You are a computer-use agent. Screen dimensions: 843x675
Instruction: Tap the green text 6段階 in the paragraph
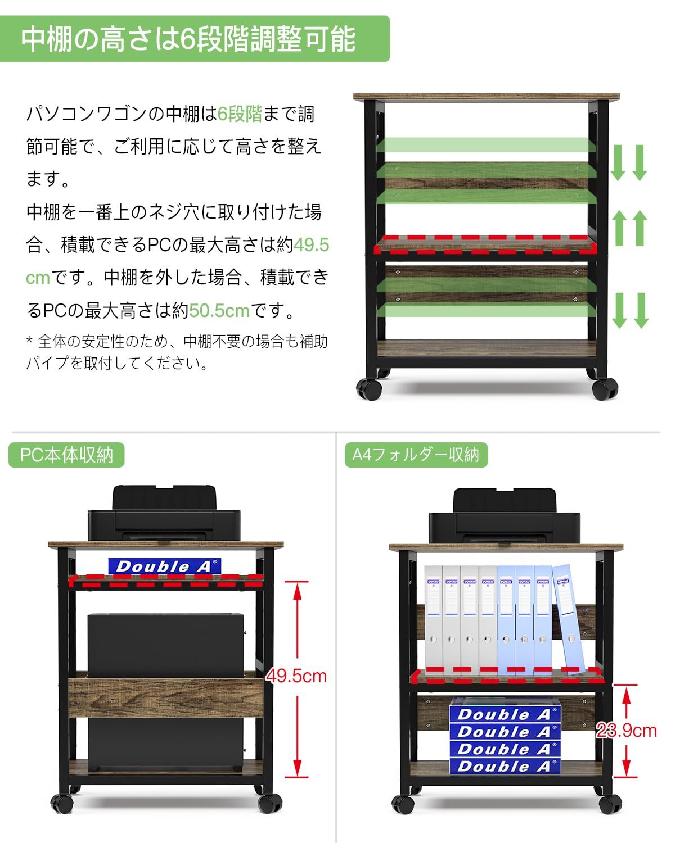240,114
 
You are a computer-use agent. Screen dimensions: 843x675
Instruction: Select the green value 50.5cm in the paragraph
219,310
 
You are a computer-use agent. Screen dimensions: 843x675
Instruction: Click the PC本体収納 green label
66,455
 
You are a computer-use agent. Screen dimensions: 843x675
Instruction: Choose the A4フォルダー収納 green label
416,455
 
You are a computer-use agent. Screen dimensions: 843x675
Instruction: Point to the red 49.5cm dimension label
296,676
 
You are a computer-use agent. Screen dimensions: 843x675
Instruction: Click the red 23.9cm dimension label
627,730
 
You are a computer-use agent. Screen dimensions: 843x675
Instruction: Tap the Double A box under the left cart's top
164,566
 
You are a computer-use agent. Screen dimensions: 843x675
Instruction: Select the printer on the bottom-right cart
505,519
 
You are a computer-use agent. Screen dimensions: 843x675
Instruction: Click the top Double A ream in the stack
505,714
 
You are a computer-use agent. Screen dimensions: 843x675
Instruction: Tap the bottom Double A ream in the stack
505,766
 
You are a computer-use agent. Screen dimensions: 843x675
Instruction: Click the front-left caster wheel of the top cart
369,389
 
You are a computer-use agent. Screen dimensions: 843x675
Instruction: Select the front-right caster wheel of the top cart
605,389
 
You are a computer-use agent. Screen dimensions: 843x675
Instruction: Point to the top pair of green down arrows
629,162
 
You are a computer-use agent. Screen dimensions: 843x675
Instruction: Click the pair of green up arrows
629,228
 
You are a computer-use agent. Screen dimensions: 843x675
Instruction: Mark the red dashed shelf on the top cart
485,245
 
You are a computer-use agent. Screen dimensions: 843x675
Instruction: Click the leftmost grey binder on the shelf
433,618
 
